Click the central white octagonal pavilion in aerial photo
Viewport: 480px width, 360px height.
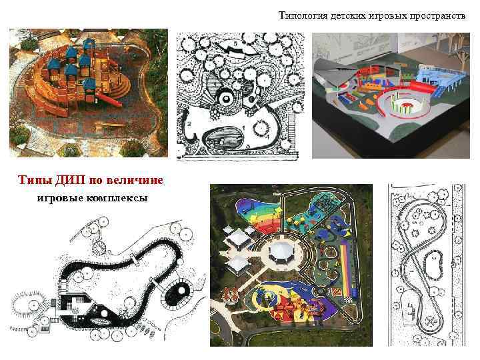coord(280,250)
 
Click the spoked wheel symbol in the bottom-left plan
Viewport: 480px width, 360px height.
coord(99,248)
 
